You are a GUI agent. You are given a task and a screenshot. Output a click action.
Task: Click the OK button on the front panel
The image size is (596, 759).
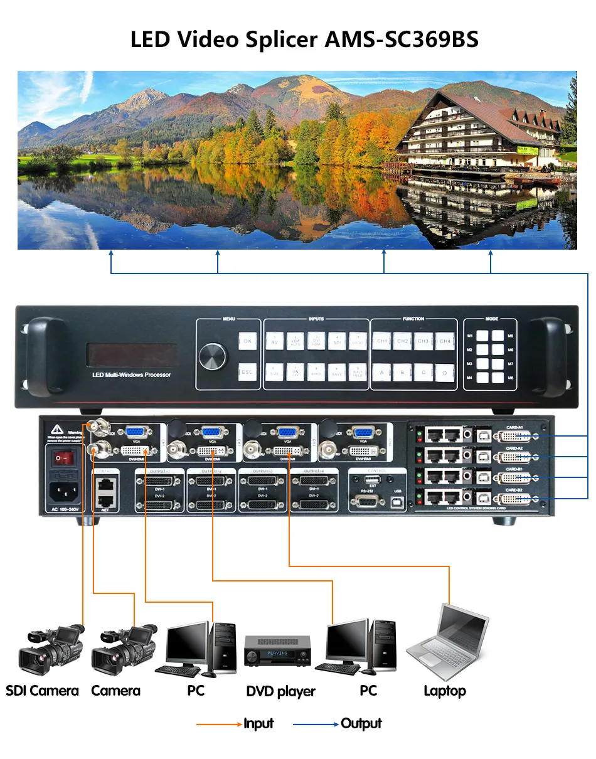248,341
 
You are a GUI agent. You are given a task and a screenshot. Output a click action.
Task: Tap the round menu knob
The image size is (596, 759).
213,357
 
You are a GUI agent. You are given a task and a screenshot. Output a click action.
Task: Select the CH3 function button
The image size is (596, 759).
423,341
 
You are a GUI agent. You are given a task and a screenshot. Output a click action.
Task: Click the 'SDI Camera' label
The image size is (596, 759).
42,691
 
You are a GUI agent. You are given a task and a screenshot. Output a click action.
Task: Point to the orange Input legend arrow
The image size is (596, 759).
220,724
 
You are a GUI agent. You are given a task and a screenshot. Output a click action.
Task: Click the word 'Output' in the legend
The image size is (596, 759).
361,724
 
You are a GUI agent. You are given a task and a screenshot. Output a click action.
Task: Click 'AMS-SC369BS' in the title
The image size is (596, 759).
402,40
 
